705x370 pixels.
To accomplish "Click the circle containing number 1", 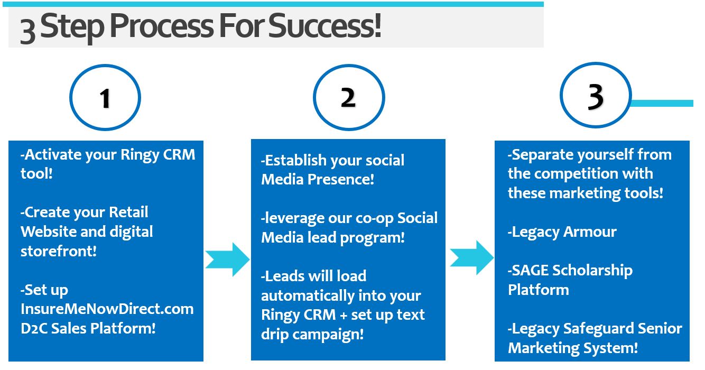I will point(105,98).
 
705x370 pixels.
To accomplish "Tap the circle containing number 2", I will point(348,98).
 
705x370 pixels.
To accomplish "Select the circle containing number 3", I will point(596,96).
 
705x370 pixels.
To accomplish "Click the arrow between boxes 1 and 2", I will point(227,259).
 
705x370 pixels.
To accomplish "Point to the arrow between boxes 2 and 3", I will point(471,257).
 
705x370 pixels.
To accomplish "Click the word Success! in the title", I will point(324,27).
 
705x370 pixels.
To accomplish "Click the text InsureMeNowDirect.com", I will point(107,309).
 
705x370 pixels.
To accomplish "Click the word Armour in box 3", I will point(590,232).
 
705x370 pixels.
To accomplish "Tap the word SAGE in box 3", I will point(530,270).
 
